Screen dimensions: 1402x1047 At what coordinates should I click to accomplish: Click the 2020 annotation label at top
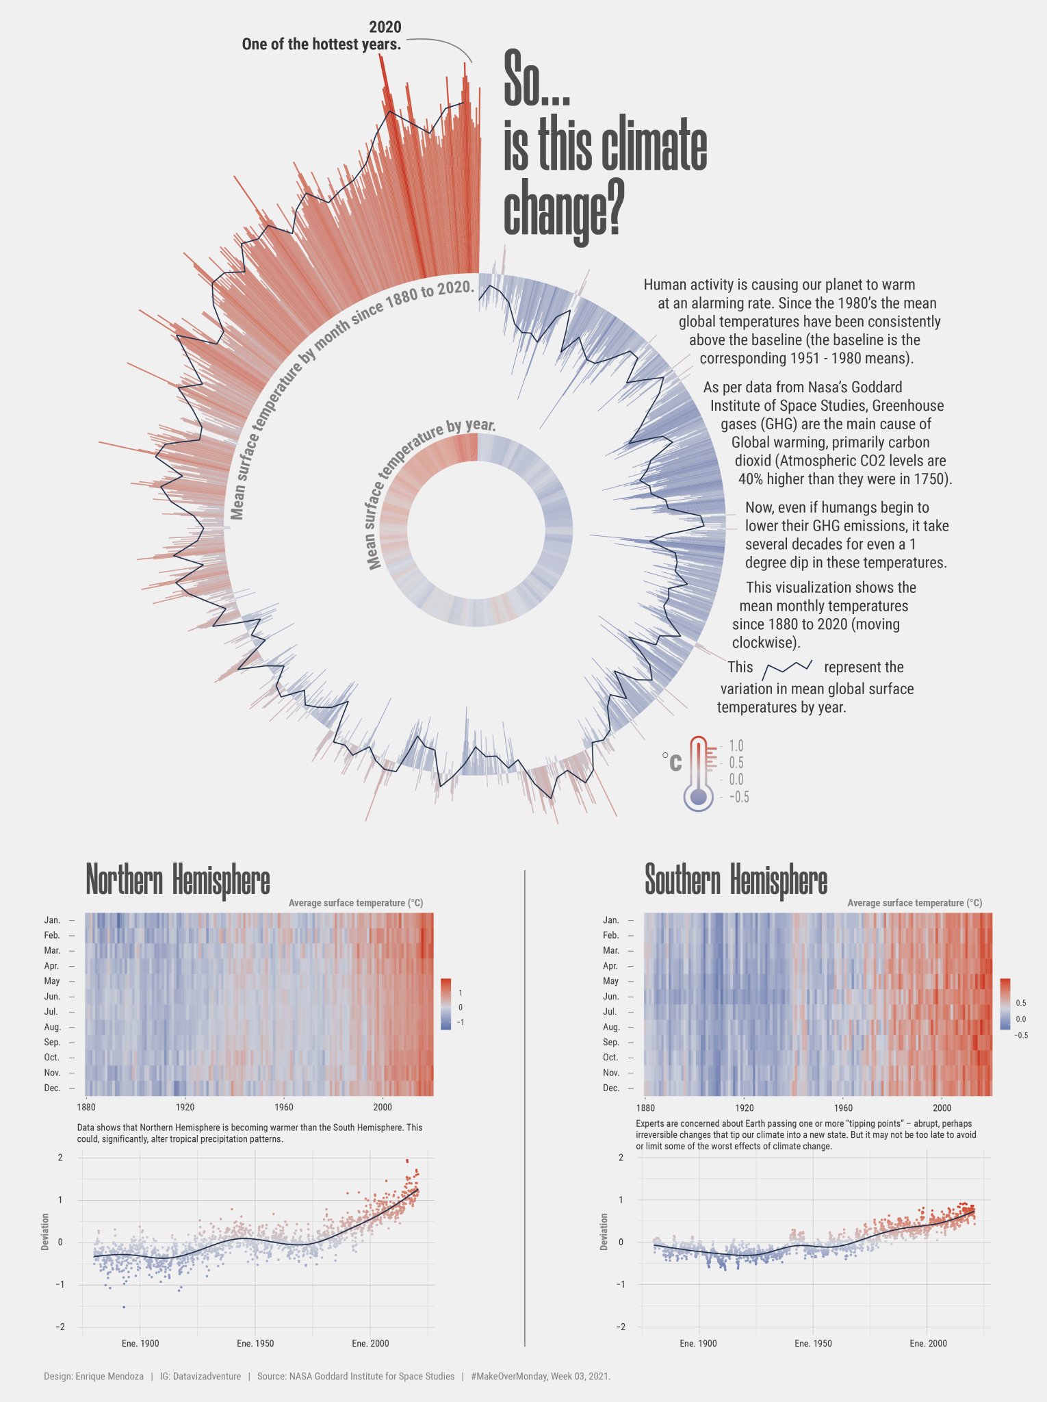coord(385,27)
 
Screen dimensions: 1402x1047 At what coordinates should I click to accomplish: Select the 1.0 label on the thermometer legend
coord(736,746)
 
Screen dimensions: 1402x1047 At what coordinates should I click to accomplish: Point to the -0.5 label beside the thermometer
coord(738,797)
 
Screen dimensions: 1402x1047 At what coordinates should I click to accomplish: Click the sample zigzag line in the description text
coord(788,667)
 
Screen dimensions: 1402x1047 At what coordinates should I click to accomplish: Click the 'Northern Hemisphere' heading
coord(178,880)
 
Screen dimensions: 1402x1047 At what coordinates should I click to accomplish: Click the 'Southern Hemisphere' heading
coord(736,880)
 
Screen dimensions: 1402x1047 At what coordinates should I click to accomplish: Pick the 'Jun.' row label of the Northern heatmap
coord(52,996)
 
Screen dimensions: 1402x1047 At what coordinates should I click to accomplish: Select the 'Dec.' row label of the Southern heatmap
coord(611,1088)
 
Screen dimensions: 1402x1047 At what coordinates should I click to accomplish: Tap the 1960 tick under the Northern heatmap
coord(283,1107)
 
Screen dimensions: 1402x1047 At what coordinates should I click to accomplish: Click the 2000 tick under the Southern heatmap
coord(942,1108)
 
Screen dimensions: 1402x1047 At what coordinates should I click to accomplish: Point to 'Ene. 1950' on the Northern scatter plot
coord(255,1343)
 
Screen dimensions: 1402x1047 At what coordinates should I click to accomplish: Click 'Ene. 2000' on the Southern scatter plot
coord(928,1343)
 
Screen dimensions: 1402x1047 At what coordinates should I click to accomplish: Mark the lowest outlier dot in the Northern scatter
coord(124,1307)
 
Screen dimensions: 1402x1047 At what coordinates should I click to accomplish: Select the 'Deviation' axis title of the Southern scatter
coord(604,1232)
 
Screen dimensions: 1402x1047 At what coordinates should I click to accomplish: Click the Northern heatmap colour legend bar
coord(446,1004)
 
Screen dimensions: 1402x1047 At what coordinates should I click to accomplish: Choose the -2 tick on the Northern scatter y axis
coord(60,1327)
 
